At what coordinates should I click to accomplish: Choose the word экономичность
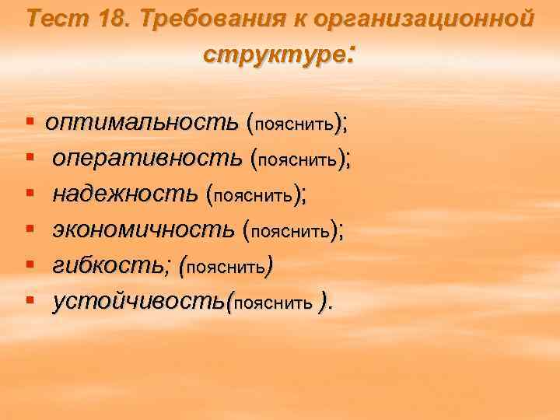(x=143, y=230)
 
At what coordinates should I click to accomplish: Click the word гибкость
(x=109, y=266)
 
